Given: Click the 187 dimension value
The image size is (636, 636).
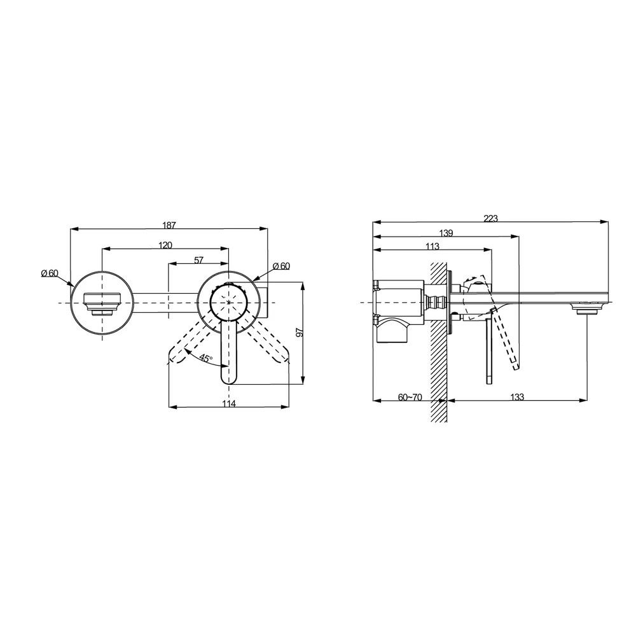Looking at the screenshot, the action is point(169,225).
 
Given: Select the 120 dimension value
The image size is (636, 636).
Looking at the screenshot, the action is point(165,245).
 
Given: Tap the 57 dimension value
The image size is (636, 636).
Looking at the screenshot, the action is point(198,260).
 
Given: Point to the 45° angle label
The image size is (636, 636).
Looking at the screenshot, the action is point(206,359).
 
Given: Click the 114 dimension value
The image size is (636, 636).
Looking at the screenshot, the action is point(229,403).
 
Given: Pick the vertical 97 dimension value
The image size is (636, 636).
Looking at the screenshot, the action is point(300,332).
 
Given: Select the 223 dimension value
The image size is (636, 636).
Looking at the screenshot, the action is point(490,219).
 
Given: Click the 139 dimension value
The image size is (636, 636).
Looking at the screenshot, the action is point(446,233).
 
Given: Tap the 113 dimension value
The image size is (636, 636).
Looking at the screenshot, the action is point(432,246).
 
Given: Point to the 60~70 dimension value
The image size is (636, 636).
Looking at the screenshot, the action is point(410,397).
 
